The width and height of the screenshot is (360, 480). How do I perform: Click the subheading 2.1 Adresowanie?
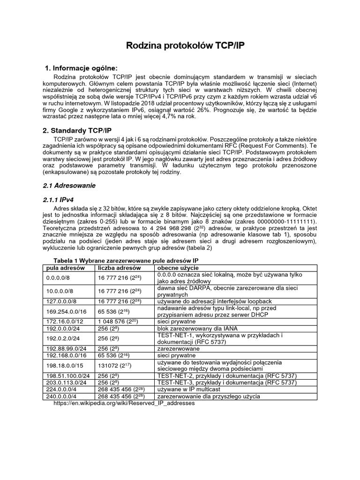(69, 186)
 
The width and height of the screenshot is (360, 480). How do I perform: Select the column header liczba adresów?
(116, 268)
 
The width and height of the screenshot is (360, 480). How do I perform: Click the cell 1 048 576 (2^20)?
(118, 322)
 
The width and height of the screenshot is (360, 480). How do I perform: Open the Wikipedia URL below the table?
(124, 403)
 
